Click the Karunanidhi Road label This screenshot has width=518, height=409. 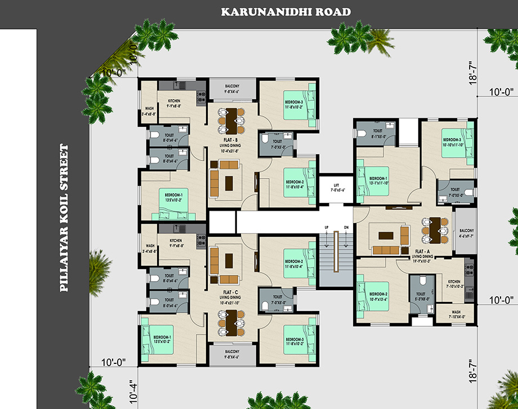coord(285,11)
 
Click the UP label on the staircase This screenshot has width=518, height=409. coord(325,227)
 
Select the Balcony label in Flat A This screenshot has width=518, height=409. coord(466,233)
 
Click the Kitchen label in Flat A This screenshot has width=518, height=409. coord(454,283)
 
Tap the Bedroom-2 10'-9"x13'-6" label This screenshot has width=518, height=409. coord(378,296)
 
